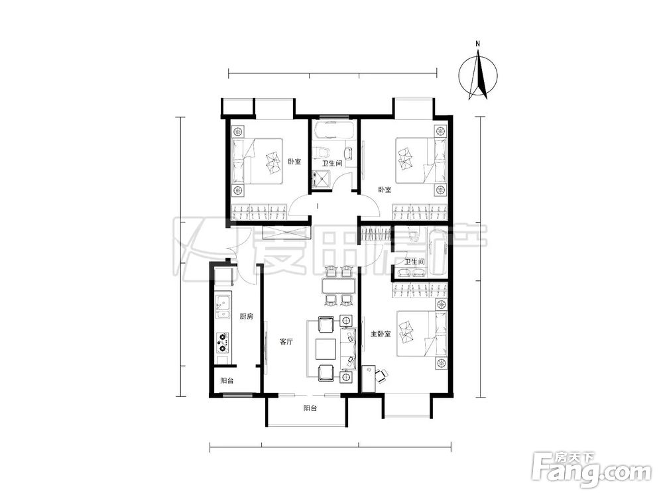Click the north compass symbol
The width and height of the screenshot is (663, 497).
pos(478,76)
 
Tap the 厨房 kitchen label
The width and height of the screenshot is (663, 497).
pos(246,316)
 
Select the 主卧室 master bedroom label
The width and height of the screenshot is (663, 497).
pos(381,334)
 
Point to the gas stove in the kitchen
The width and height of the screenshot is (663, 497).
pos(222,343)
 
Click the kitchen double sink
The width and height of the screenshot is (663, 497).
pos(222,307)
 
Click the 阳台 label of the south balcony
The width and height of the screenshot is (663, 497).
pos(310,409)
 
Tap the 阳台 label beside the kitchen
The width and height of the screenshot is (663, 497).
pos(227,381)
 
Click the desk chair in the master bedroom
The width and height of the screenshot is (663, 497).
pos(382,375)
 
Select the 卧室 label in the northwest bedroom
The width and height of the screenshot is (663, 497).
pos(295,162)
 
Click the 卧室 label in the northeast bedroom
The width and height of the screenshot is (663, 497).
pos(385,190)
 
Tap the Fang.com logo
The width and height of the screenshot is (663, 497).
pos(591,469)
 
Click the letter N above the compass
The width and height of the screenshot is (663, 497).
pos(478,44)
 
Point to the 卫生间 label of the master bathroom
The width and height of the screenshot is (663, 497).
pos(414,262)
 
